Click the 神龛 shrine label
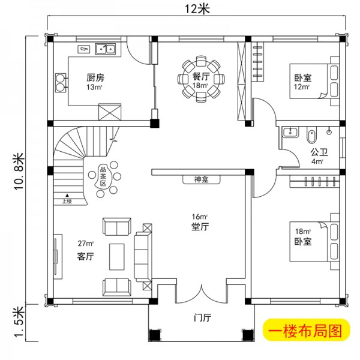pos(201,179)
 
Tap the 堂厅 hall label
pos(200,227)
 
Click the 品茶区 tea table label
pos(103,177)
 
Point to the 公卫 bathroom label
pos(317,152)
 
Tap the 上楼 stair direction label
pos(66,201)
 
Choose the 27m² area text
pos(86,244)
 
